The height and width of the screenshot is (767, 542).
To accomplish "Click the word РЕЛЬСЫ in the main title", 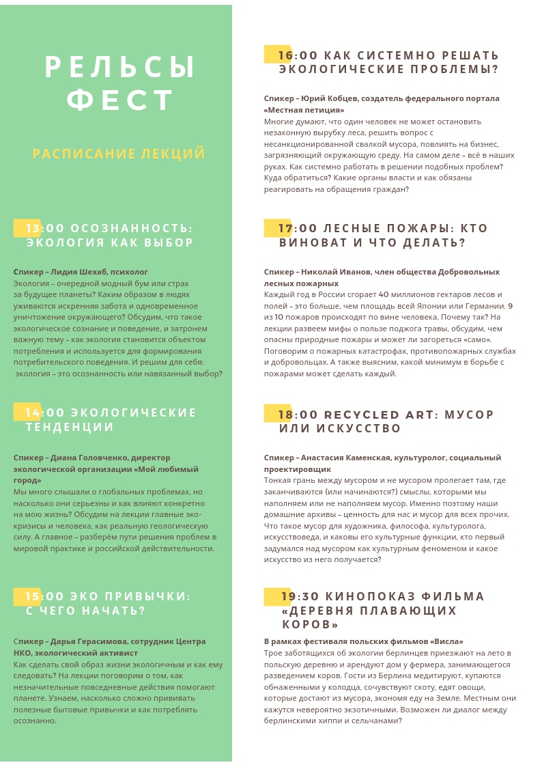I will pyautogui.click(x=120, y=68).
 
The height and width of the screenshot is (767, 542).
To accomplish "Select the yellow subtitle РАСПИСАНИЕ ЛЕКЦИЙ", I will pyautogui.click(x=119, y=154).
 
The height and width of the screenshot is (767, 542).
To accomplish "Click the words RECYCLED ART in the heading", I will pyautogui.click(x=379, y=415).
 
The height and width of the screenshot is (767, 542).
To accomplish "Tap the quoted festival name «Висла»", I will pyautogui.click(x=446, y=641).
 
